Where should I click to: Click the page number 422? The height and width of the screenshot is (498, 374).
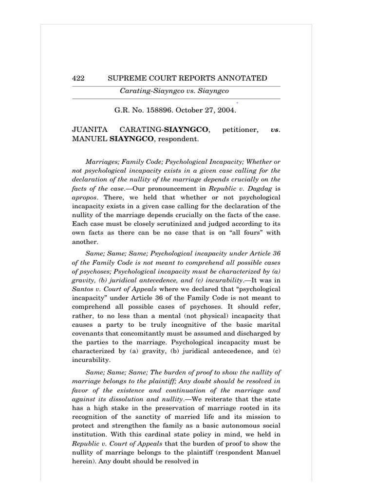click(78, 78)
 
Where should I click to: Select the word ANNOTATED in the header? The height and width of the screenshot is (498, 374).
click(244, 78)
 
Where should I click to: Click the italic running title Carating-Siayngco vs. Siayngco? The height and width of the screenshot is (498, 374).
click(174, 91)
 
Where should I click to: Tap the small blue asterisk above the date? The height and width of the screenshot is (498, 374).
click(237, 103)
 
